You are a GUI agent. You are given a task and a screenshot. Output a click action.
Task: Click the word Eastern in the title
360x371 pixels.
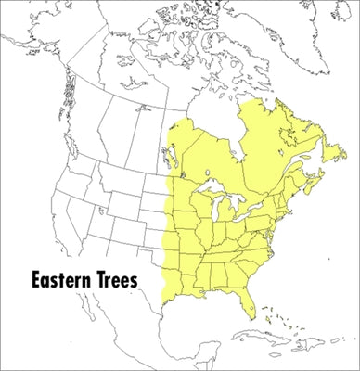click(57, 279)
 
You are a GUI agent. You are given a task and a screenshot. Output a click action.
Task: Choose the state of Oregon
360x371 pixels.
click(65, 190)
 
